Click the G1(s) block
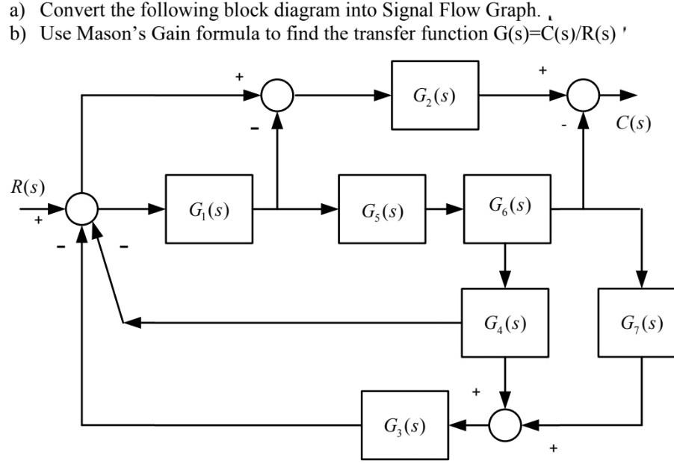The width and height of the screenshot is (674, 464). (209, 209)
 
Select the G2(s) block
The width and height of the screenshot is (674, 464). (435, 95)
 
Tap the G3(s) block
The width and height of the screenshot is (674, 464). (405, 425)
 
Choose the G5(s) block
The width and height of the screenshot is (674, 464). (382, 209)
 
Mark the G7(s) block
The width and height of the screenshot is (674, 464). (637, 324)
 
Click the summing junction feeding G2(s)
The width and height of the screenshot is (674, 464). (278, 96)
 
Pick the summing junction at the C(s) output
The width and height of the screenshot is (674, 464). (584, 96)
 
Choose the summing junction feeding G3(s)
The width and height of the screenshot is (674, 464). (506, 425)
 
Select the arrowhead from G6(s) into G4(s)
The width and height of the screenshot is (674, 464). (506, 280)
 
